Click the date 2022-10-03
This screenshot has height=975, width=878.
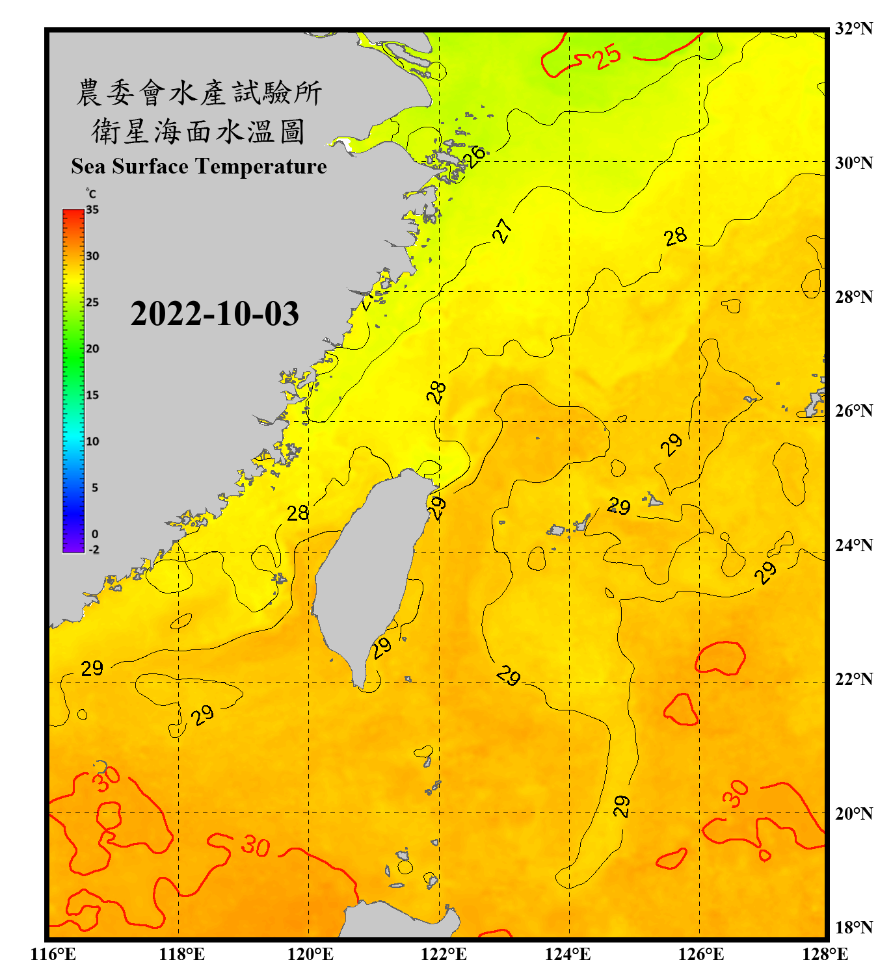pyautogui.click(x=215, y=314)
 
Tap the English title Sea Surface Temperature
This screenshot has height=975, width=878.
pyautogui.click(x=199, y=166)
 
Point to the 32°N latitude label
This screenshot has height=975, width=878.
pyautogui.click(x=853, y=29)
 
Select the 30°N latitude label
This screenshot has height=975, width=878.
pyautogui.click(x=853, y=162)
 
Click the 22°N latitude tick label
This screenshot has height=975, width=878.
pyautogui.click(x=853, y=679)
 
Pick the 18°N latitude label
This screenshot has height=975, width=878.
pyautogui.click(x=853, y=928)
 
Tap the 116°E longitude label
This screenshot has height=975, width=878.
pyautogui.click(x=53, y=954)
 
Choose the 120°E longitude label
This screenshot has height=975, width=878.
pyautogui.click(x=310, y=954)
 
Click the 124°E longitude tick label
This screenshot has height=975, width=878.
pyautogui.click(x=568, y=954)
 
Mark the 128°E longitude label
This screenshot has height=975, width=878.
pyautogui.click(x=825, y=954)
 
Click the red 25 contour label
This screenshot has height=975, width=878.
pyautogui.click(x=607, y=57)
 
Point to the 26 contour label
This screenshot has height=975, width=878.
pyautogui.click(x=476, y=156)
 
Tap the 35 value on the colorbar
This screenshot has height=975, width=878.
pyautogui.click(x=92, y=210)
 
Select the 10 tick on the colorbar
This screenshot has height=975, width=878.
pyautogui.click(x=92, y=441)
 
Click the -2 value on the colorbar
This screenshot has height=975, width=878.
pyautogui.click(x=94, y=549)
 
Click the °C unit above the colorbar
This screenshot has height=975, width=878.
pyautogui.click(x=91, y=194)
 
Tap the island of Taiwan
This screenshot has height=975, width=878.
pyautogui.click(x=367, y=572)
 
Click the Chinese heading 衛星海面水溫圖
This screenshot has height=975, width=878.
pyautogui.click(x=198, y=131)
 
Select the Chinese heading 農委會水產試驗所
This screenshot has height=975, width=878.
pyautogui.click(x=199, y=92)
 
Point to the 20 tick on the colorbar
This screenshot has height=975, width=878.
pyautogui.click(x=92, y=348)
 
